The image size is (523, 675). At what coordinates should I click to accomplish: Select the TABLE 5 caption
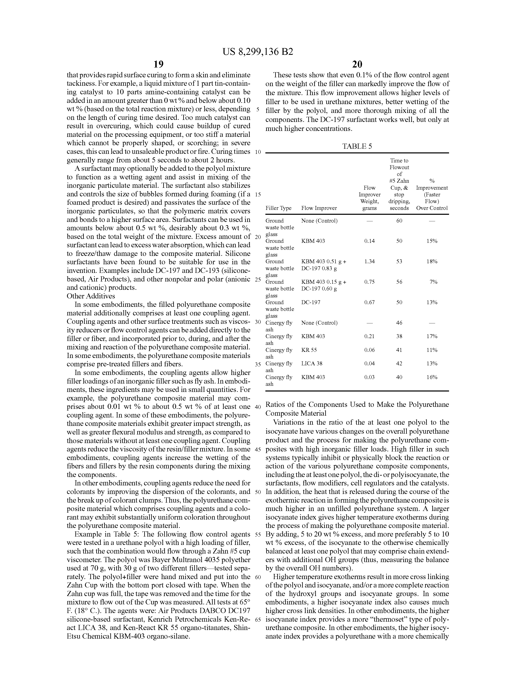click(357, 146)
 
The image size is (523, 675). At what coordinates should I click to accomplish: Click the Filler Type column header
click(278, 208)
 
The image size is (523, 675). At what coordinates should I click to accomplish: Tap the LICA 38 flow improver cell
click(312, 363)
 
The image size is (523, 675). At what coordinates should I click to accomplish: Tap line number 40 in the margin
click(258, 407)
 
